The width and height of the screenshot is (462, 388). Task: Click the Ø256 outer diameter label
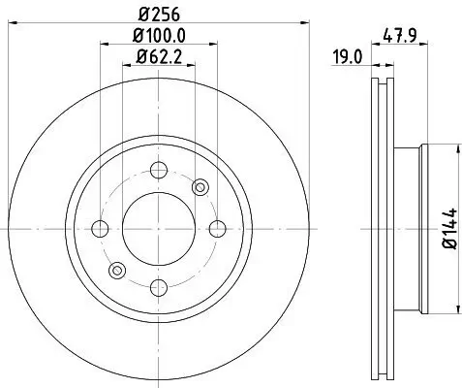158,13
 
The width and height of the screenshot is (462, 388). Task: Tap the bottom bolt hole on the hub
158,286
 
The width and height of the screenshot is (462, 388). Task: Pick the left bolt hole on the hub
100,229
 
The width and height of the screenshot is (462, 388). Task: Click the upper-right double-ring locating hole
200,187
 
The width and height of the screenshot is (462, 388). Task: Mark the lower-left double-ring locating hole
117,270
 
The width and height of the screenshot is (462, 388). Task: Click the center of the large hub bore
158,229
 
